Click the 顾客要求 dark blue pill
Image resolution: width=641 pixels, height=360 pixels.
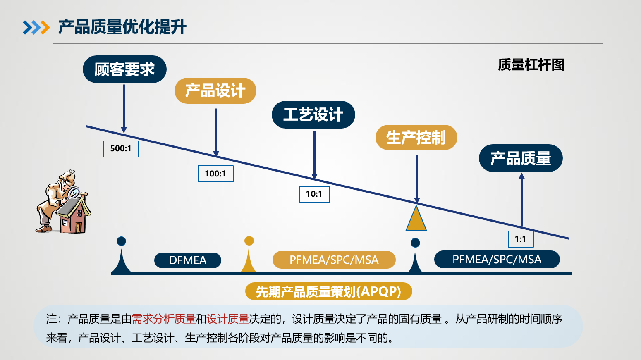click(x=124, y=69)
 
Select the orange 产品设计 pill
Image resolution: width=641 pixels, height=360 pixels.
click(x=215, y=91)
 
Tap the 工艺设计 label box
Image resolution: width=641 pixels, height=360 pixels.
click(x=313, y=114)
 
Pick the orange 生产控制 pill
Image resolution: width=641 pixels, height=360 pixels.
click(x=416, y=137)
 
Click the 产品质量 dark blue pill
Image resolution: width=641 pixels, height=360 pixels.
click(x=521, y=158)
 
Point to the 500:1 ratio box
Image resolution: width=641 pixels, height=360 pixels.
click(x=121, y=149)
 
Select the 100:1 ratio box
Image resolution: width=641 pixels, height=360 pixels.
click(x=215, y=174)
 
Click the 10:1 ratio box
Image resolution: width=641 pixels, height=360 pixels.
click(x=314, y=194)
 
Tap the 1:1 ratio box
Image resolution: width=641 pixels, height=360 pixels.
click(x=521, y=239)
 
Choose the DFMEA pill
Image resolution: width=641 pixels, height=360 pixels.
click(x=188, y=260)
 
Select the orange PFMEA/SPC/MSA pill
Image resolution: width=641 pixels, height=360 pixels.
click(x=334, y=260)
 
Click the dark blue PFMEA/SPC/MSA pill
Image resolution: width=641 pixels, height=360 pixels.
click(x=497, y=259)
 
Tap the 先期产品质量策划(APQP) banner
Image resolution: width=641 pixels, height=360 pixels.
click(x=328, y=291)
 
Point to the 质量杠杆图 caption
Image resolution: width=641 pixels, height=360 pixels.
click(x=531, y=65)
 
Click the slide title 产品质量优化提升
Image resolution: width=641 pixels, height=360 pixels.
click(x=122, y=27)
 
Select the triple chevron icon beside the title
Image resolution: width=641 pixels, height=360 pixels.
click(x=36, y=28)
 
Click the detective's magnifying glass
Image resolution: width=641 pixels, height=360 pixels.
click(x=74, y=193)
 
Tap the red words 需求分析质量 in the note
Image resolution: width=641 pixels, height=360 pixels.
click(x=163, y=319)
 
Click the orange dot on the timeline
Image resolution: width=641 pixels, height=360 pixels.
click(x=249, y=241)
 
